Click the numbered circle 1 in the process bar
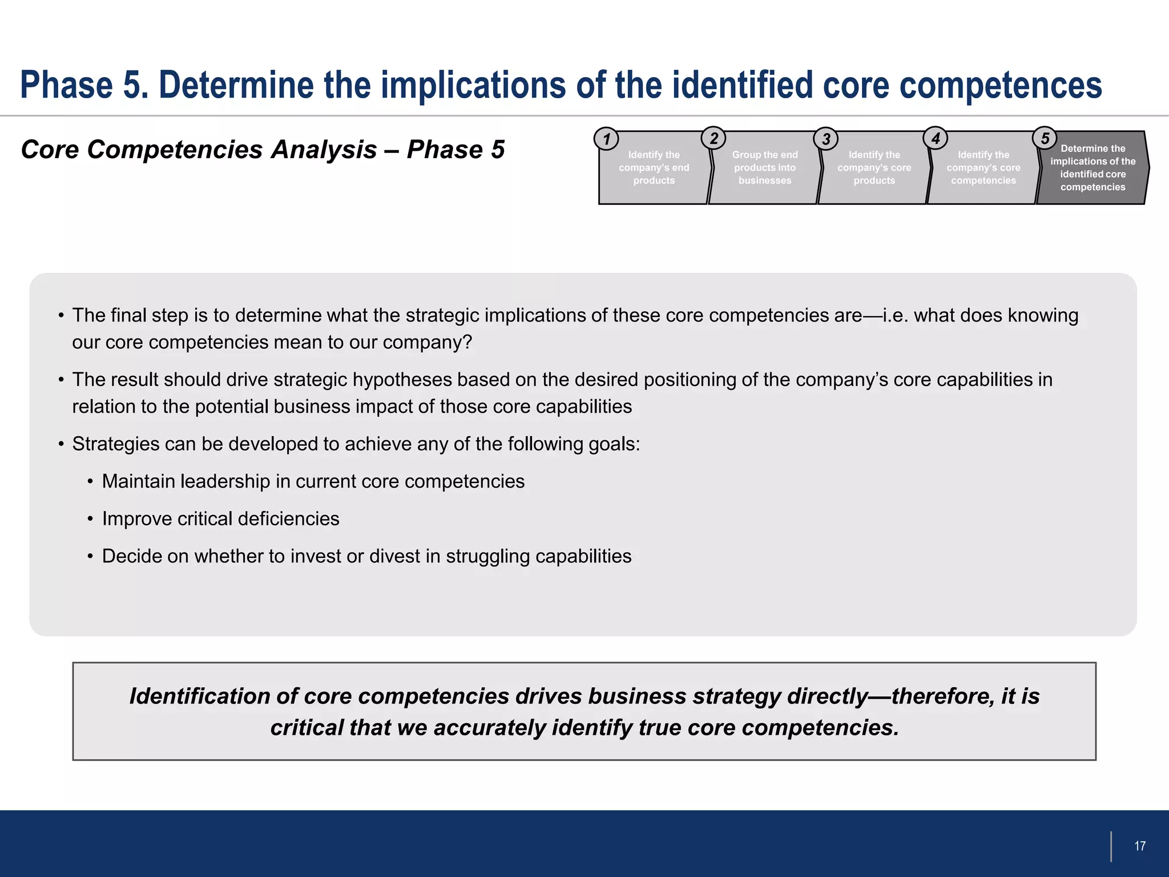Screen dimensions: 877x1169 pos(606,139)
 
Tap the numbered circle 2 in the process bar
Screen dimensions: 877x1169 pos(714,138)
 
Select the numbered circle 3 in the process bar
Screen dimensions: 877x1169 pos(826,139)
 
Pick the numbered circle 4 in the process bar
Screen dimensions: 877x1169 pos(936,138)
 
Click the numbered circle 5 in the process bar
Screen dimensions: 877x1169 pos(1045,138)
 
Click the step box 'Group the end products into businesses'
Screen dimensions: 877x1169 pos(765,168)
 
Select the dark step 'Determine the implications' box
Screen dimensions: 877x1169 pos(1093,168)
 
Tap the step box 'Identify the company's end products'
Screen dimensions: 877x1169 pos(654,168)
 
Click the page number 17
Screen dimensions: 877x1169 pos(1140,846)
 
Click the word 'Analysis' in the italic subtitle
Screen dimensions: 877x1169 pos(324,150)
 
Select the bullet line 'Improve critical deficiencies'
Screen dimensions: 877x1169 pos(220,519)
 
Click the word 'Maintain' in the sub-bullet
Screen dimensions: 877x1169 pos(138,481)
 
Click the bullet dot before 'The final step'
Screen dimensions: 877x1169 pos(61,316)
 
